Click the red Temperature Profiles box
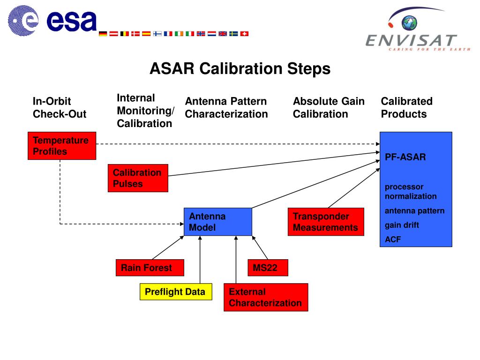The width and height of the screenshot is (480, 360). pos(62,146)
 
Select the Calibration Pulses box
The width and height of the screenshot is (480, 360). pos(138,178)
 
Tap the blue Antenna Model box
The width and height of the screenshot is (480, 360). pos(218,222)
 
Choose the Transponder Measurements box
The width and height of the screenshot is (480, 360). pos(326,222)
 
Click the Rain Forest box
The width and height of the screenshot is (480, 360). pos(150,268)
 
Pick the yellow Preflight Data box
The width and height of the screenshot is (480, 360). pos(176,292)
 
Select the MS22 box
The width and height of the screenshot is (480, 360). pos(268,268)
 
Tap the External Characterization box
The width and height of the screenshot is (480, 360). pos(266,297)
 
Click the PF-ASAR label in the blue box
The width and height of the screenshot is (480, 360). pos(405,157)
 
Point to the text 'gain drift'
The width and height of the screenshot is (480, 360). pos(402,225)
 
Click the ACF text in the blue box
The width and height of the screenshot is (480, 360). pos(393,240)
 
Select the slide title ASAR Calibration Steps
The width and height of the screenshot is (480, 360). pos(240,68)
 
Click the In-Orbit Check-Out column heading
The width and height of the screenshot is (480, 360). pos(60,107)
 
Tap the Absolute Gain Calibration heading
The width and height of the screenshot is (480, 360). pos(329,107)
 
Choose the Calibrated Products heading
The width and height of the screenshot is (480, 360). pos(406,107)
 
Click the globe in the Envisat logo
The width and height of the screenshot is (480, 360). pos(409,23)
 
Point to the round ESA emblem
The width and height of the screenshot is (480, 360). pos(23,21)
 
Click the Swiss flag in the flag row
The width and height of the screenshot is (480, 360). pos(244,34)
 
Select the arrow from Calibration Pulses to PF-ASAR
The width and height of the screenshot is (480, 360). pos(274,164)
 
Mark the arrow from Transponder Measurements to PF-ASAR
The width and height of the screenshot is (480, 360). pos(354,188)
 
